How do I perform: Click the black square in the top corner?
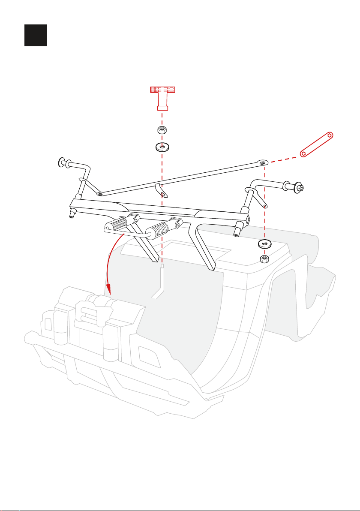35,35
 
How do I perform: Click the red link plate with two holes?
317,144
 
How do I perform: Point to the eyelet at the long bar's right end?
262,162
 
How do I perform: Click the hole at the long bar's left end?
100,194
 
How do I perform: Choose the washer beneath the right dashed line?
264,244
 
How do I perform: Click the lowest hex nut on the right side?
265,259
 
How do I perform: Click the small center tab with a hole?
162,191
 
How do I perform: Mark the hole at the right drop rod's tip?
266,206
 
